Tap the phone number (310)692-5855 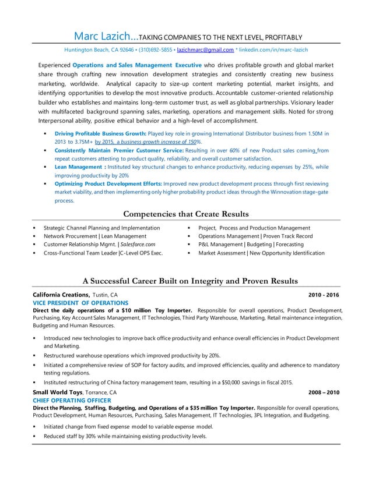pyautogui.click(x=155, y=49)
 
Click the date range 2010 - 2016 pyautogui.click(x=324, y=295)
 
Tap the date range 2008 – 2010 pyautogui.click(x=324, y=392)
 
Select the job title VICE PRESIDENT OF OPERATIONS pyautogui.click(x=80, y=303)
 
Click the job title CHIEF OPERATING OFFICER pyautogui.click(x=72, y=401)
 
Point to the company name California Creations pyautogui.click(x=61, y=295)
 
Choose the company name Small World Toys pyautogui.click(x=58, y=392)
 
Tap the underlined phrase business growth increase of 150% pyautogui.click(x=153, y=142)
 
